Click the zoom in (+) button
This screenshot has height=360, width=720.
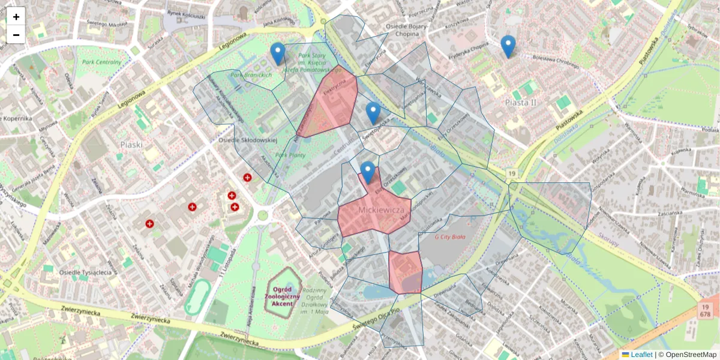click(x=16, y=17)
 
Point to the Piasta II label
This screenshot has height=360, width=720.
click(x=520, y=103)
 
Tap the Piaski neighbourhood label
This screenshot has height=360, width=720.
click(x=131, y=145)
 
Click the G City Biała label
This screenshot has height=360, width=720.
click(x=454, y=236)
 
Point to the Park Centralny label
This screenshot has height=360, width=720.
click(x=101, y=62)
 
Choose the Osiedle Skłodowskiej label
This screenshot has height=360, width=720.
click(x=248, y=140)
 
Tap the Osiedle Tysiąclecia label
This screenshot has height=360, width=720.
click(x=86, y=272)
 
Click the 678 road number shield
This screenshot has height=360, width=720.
click(x=705, y=314)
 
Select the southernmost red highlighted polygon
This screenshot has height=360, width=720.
click(x=405, y=272)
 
